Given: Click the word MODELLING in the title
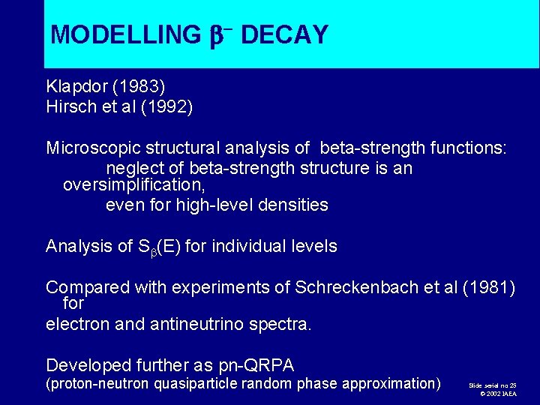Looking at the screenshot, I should pos(124,34).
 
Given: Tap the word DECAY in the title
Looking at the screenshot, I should pos(284,34).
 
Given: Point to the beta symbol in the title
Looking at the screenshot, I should pos(214,34).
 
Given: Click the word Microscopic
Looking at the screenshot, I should pos(91,148).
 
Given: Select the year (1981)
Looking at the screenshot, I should pos(488,287).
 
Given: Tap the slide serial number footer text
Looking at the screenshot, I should pos(492,385).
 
